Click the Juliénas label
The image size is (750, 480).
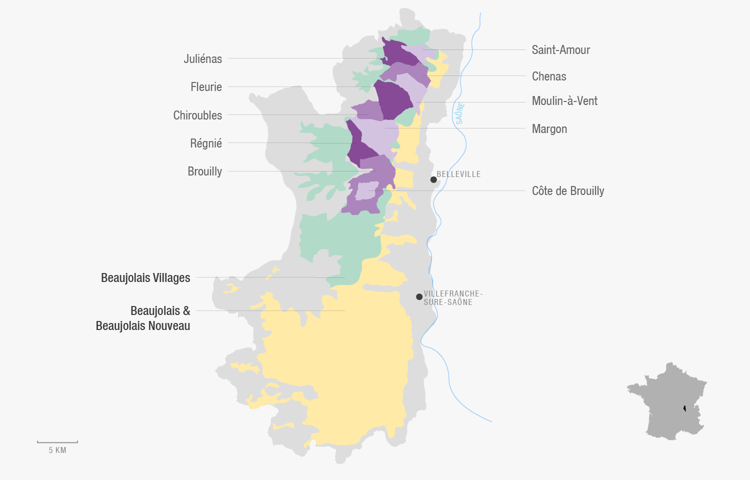click(202, 59)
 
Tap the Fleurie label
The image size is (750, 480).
click(206, 87)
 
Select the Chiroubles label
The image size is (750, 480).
click(197, 115)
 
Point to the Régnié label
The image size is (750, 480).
click(205, 143)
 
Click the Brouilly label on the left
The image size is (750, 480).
click(204, 171)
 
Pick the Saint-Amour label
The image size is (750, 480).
click(560, 50)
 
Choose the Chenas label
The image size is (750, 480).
click(548, 76)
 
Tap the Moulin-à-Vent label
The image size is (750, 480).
click(564, 101)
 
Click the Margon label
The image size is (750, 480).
click(549, 129)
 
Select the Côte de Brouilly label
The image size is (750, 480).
click(567, 191)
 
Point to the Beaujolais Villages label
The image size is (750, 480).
click(145, 278)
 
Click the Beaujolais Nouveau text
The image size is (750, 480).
click(143, 326)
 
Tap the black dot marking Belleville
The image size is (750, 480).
click(433, 179)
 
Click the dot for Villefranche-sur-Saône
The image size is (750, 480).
click(419, 296)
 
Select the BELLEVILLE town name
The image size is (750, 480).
click(458, 174)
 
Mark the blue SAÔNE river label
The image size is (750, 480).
click(460, 113)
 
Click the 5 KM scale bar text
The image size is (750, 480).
click(57, 450)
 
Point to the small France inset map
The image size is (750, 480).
click(666, 401)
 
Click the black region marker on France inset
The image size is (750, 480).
click(684, 408)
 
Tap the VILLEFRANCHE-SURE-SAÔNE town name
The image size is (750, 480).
click(452, 298)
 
